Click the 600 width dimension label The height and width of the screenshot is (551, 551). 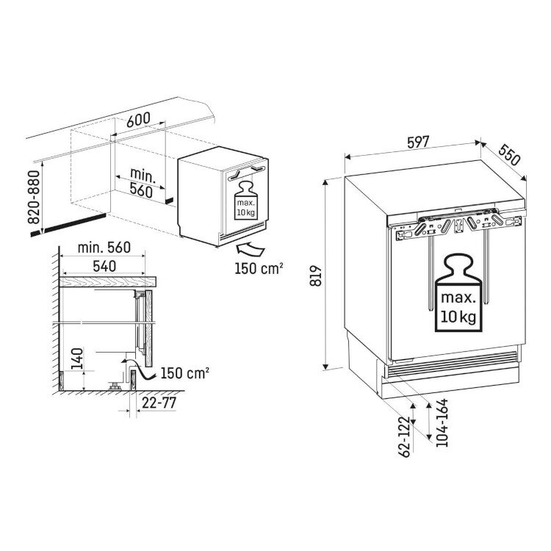click(x=138, y=120)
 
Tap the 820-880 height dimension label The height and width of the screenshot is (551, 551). click(x=34, y=197)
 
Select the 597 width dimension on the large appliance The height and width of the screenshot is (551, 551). click(x=418, y=142)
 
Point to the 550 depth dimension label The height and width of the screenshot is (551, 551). click(x=509, y=154)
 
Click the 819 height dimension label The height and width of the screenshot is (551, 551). click(x=316, y=275)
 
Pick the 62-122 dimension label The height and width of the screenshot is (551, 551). click(x=404, y=437)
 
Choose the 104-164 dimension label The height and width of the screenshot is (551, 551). click(x=442, y=422)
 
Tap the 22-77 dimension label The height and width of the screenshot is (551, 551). click(x=159, y=403)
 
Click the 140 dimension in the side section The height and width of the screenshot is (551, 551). click(x=77, y=359)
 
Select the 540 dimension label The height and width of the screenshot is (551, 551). click(x=104, y=266)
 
